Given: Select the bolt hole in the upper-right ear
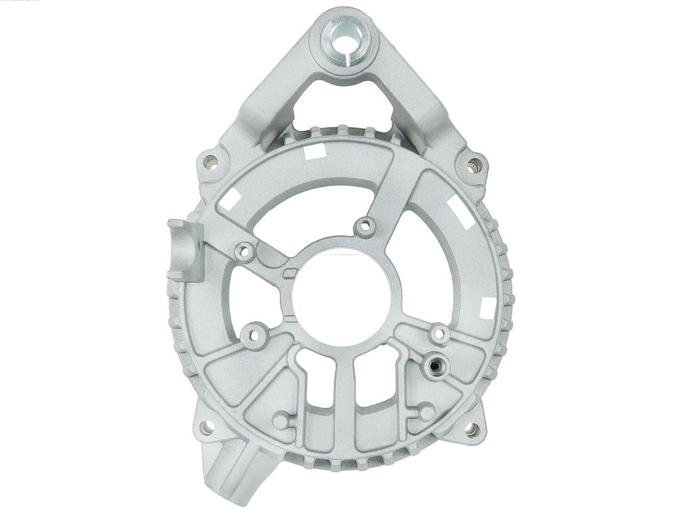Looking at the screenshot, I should (474, 165).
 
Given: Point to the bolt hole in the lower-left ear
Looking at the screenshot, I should (207, 427).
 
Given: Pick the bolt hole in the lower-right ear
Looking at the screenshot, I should (472, 429).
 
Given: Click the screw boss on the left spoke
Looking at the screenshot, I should (245, 252).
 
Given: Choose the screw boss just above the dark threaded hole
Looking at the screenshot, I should (439, 334).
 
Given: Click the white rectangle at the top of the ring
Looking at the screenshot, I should (314, 151).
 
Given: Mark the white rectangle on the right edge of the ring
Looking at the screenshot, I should (488, 307).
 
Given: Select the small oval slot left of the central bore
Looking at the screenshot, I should (290, 273).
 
